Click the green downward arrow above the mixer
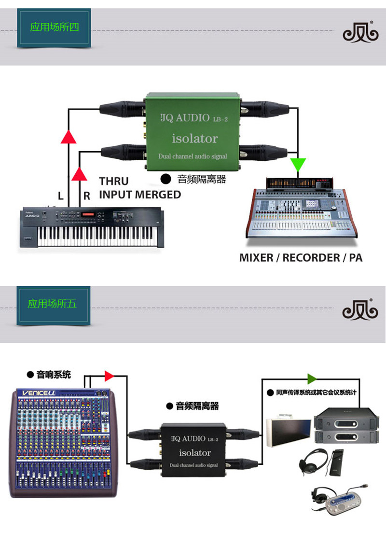coord(298,165)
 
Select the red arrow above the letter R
coord(80,173)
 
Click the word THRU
coord(114,181)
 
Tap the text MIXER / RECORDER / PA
coord(301,257)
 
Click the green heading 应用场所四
coord(54,27)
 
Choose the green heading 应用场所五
coord(53,304)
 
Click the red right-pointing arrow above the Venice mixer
coord(109,376)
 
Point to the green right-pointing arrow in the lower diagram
coord(312,378)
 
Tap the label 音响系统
coord(54,374)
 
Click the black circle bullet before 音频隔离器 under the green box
coord(165,179)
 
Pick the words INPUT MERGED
coord(140,195)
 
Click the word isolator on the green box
coord(194,139)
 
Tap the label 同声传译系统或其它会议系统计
coord(316,392)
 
